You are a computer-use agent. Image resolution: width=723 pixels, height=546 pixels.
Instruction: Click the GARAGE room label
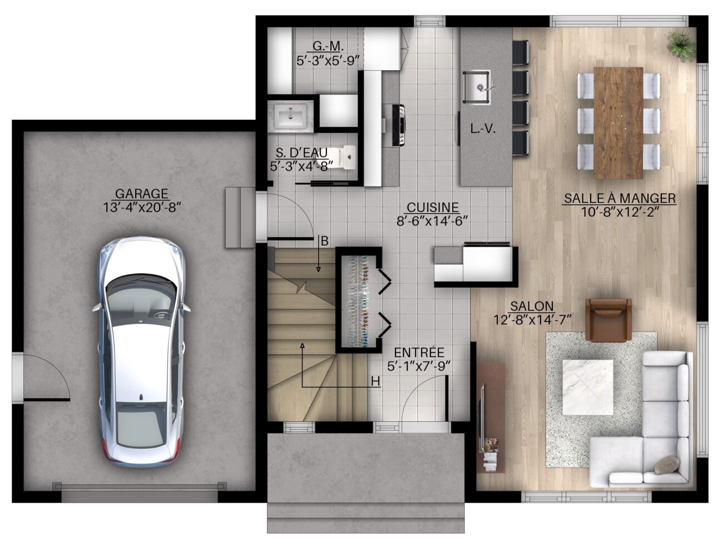[x=142, y=194]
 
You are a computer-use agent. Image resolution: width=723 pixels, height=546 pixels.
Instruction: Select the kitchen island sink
[x=477, y=87]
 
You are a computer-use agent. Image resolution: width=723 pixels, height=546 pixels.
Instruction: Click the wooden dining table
[x=618, y=123]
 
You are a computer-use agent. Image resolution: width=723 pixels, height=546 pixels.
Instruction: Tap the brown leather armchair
[x=608, y=320]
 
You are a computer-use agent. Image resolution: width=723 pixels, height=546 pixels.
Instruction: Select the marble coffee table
[x=588, y=387]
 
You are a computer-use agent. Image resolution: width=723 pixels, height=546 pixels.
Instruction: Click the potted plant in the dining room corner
[x=681, y=46]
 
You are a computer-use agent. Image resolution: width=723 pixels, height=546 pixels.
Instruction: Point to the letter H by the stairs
[x=375, y=381]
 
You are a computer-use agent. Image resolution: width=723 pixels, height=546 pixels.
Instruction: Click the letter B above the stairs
[x=324, y=241]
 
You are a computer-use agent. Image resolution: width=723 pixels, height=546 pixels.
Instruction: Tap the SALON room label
[x=532, y=306]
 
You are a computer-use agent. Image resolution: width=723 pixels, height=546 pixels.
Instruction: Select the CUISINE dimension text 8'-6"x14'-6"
[x=433, y=221]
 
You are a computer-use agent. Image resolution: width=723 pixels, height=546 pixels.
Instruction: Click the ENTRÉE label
[x=419, y=352]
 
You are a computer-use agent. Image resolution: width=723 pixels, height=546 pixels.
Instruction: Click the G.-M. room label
[x=326, y=46]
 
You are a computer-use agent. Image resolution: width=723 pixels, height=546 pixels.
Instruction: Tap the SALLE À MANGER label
[x=620, y=198]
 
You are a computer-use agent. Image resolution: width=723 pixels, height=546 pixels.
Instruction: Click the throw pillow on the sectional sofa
[x=667, y=465]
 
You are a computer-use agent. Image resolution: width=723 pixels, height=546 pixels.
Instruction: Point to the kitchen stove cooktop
[x=399, y=125]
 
